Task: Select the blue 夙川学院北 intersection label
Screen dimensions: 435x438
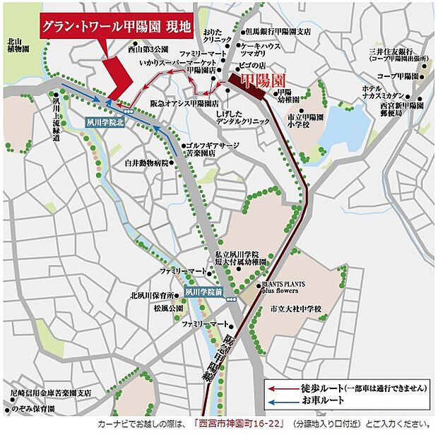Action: tap(105, 121)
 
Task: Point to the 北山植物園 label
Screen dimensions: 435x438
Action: tap(18, 46)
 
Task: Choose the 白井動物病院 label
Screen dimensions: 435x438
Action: tap(147, 162)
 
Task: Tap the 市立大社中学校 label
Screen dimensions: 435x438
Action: tap(295, 309)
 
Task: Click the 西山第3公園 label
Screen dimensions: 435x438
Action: tap(148, 50)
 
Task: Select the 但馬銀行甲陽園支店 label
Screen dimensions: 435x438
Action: tap(278, 31)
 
